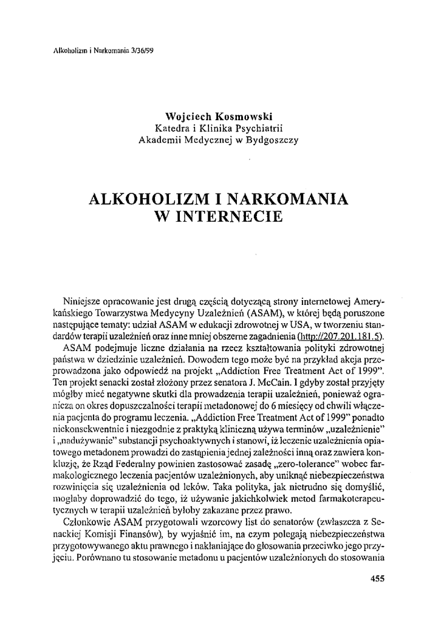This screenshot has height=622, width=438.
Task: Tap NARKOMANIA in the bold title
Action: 284,199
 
